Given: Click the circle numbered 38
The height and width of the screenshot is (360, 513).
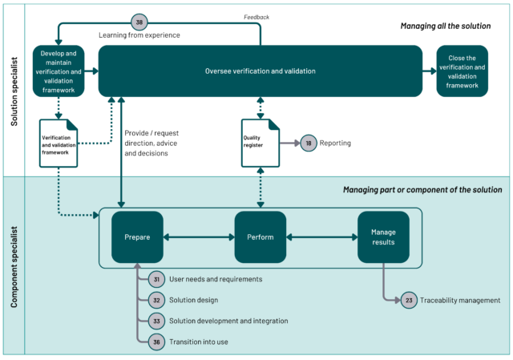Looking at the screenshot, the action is tap(139, 22).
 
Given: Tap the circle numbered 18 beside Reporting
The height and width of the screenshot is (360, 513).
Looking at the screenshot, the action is tap(309, 143).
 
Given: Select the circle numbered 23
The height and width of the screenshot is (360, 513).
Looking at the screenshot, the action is tap(409, 300).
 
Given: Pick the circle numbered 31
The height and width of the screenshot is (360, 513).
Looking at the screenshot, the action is tap(157, 279).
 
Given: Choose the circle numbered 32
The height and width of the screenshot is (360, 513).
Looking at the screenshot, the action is tap(157, 300).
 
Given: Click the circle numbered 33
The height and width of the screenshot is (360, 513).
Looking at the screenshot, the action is tap(157, 321).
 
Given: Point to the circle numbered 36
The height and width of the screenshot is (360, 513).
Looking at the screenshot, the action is tap(157, 342).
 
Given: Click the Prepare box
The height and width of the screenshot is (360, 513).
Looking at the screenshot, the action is tap(137, 237).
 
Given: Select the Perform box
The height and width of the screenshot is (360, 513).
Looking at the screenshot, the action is tap(261, 237).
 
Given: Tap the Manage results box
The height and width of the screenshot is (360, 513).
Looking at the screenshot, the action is tap(383, 237).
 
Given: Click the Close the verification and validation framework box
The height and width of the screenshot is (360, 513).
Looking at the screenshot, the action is tap(463, 71).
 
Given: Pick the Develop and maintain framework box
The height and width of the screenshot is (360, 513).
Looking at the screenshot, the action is tap(59, 71).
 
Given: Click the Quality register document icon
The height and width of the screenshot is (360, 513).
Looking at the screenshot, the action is tap(261, 143).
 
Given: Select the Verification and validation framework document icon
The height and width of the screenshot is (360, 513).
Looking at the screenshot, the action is tap(59, 143).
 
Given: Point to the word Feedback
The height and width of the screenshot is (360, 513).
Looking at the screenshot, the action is tap(256, 17).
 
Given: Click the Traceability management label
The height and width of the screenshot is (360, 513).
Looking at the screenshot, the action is tap(460, 301).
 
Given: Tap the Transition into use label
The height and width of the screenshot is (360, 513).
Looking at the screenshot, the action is tap(199, 342).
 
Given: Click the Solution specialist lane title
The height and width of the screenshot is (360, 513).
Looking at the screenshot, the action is tap(14, 91).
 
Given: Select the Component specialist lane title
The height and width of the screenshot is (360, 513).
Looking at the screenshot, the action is tap(14, 267).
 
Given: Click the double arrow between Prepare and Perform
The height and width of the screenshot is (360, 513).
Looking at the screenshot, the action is tap(199, 237).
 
